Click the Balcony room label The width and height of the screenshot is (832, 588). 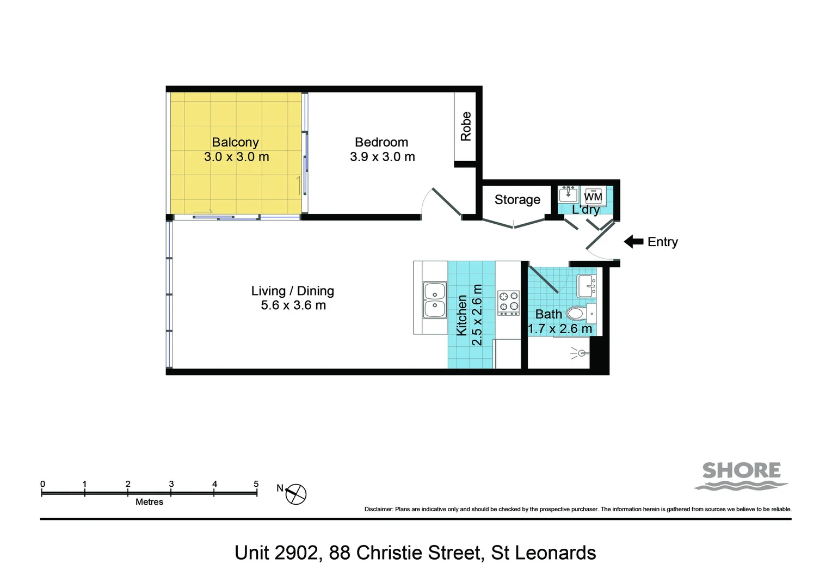pyautogui.click(x=235, y=142)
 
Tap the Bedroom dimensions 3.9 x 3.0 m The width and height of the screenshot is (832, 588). pyautogui.click(x=382, y=157)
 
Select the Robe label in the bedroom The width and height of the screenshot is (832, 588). pyautogui.click(x=466, y=126)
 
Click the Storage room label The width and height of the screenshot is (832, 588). pyautogui.click(x=517, y=200)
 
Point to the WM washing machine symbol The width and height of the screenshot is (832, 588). pyautogui.click(x=593, y=197)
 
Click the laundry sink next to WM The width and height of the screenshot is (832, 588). pyautogui.click(x=568, y=194)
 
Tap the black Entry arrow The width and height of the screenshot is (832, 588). pyautogui.click(x=633, y=242)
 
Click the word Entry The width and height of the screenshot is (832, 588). pyautogui.click(x=662, y=242)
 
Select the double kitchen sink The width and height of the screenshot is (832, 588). pyautogui.click(x=435, y=299)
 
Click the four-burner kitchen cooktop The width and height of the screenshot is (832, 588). pyautogui.click(x=508, y=303)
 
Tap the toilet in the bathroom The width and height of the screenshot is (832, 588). pyautogui.click(x=577, y=314)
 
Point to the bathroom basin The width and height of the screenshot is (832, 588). pyautogui.click(x=587, y=285)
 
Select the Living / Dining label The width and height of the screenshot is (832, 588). pyautogui.click(x=292, y=291)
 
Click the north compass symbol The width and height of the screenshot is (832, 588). pyautogui.click(x=295, y=494)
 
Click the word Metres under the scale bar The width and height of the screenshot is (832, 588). pyautogui.click(x=149, y=502)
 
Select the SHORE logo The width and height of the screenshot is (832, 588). pyautogui.click(x=741, y=475)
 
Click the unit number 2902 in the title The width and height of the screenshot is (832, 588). pyautogui.click(x=296, y=553)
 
